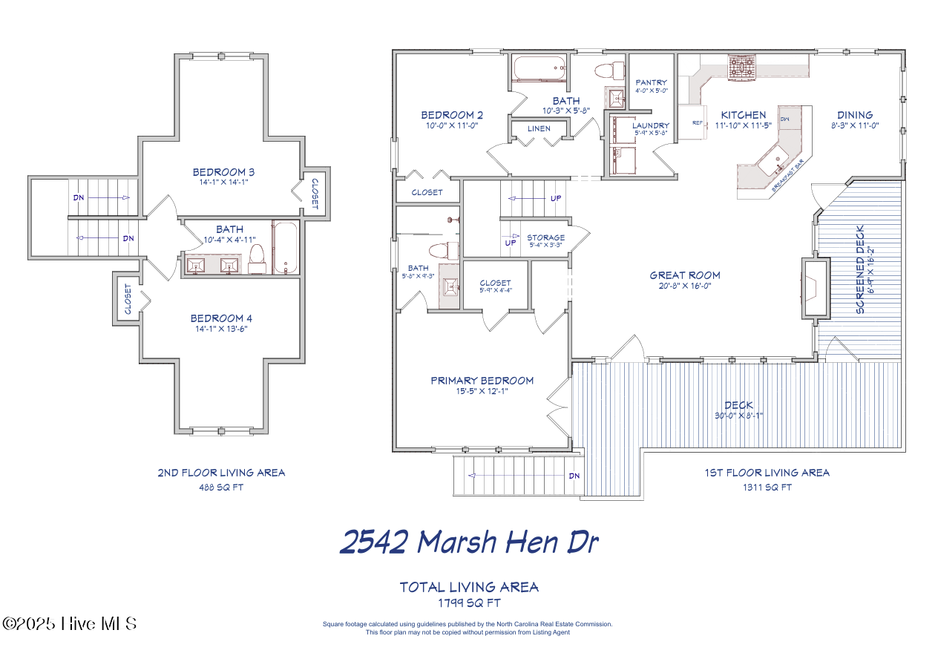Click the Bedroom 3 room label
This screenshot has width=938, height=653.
point(223,172)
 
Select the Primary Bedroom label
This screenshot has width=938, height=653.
point(482,381)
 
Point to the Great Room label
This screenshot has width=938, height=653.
point(684,275)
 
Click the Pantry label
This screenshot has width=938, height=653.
point(651,82)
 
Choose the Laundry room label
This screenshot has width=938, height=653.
point(650,125)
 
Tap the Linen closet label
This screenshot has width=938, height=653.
point(539,128)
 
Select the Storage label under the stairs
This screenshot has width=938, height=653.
point(545,238)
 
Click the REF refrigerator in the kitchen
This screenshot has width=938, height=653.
point(698,123)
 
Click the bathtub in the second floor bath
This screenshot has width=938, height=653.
point(286,247)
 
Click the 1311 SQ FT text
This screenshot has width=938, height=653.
point(767,488)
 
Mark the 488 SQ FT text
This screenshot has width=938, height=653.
point(220,488)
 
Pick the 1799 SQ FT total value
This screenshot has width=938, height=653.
point(468,603)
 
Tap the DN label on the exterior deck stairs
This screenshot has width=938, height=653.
point(573,476)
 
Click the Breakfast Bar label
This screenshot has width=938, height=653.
point(790,175)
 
